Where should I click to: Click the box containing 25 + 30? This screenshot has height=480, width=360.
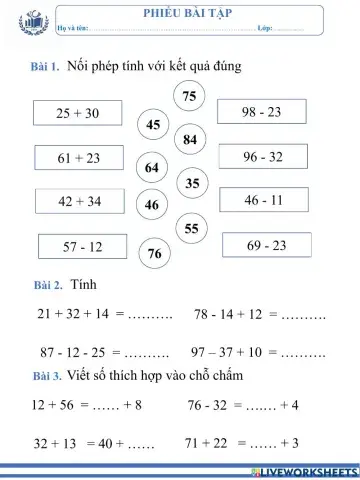click(77, 114)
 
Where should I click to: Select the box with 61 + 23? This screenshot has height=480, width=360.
click(78, 158)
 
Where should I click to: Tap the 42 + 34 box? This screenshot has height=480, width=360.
click(79, 202)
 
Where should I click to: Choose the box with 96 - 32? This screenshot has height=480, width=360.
click(262, 157)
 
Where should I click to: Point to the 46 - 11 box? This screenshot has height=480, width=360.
click(263, 200)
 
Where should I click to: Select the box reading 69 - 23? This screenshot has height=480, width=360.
click(266, 245)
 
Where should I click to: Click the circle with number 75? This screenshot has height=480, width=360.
click(190, 95)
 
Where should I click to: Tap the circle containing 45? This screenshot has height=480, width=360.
click(153, 125)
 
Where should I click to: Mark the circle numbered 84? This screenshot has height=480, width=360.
click(190, 139)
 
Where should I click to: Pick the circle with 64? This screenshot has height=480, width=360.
click(152, 167)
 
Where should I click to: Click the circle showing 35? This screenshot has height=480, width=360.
click(193, 183)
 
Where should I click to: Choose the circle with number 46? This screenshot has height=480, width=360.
click(152, 205)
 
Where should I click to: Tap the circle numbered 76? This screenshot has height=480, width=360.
click(154, 254)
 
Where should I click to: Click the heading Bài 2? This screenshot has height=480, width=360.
click(48, 287)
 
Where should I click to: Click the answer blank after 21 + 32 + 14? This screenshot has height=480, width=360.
click(150, 315)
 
